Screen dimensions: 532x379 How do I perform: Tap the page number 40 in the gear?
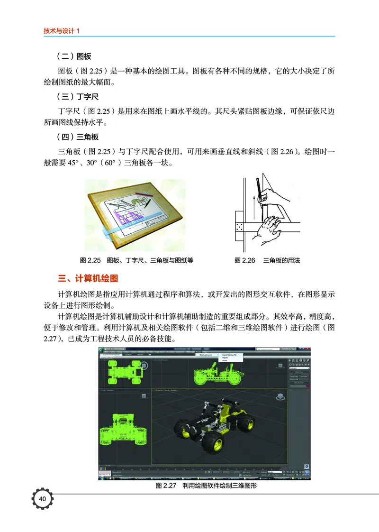click(x=42, y=499)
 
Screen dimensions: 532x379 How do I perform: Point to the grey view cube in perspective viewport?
click(x=280, y=395)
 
